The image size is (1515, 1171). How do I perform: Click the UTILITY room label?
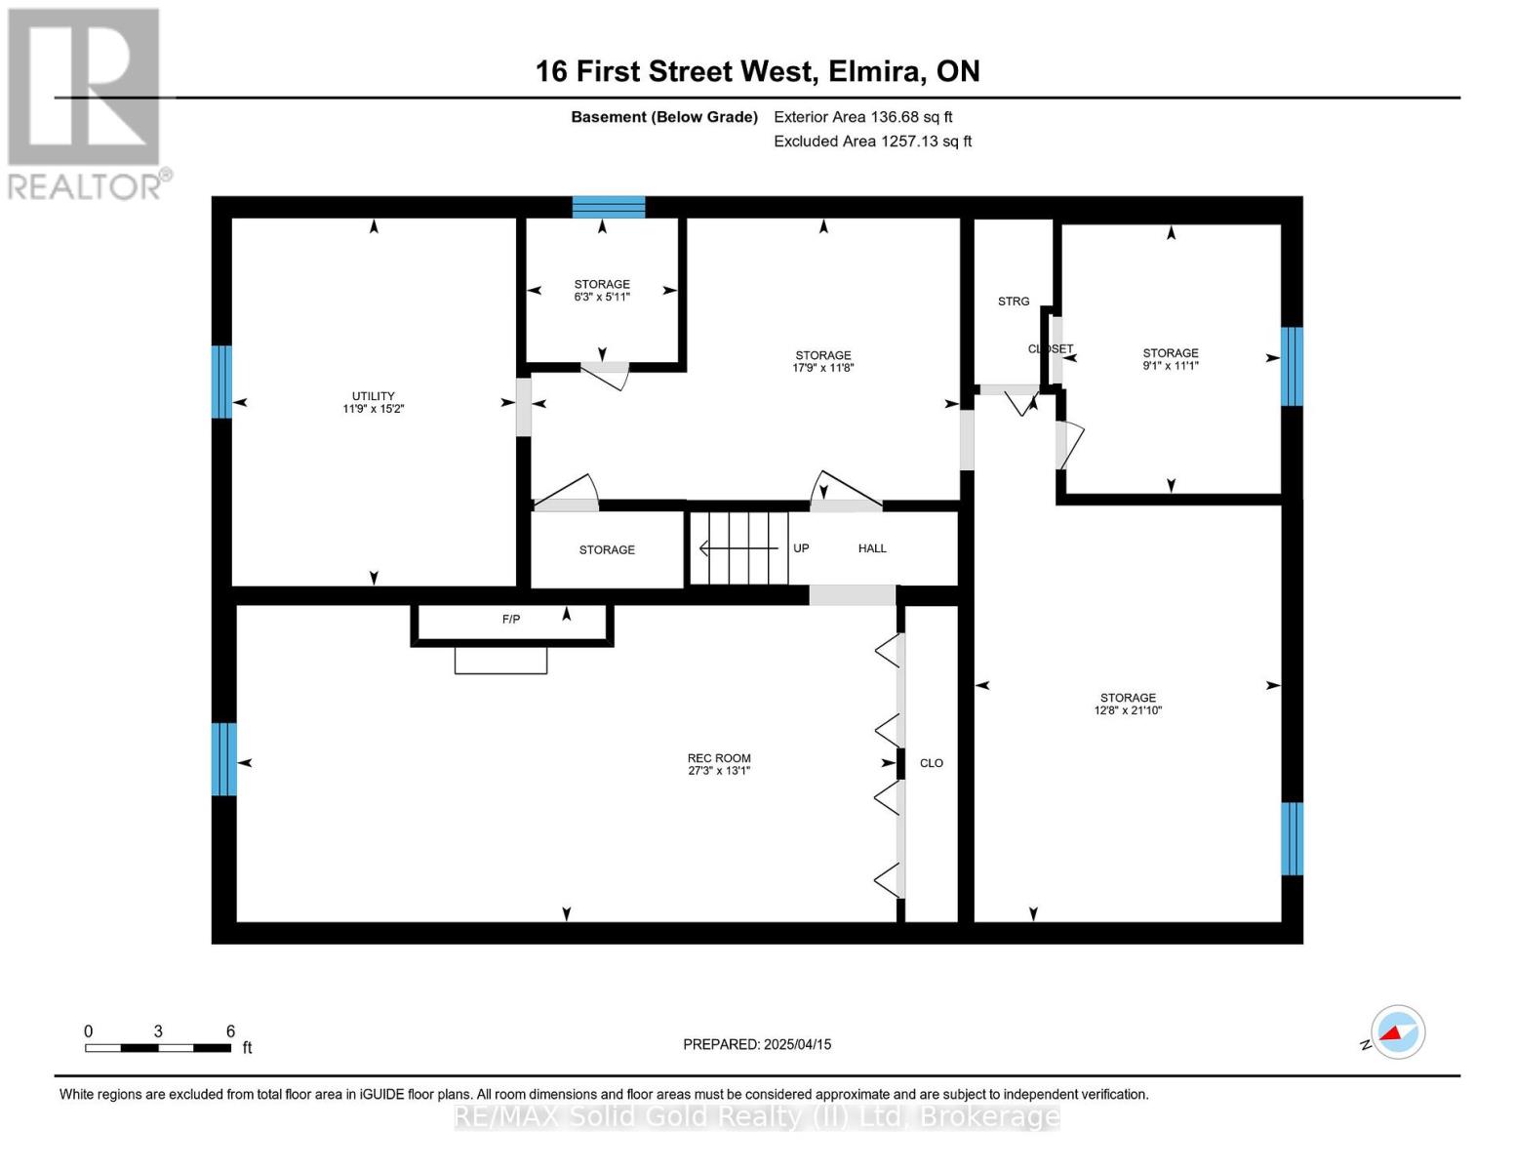pyautogui.click(x=373, y=395)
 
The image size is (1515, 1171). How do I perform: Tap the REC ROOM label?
pyautogui.click(x=719, y=758)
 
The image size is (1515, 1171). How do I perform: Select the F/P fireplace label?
pyautogui.click(x=511, y=619)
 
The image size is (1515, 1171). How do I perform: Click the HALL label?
pyautogui.click(x=872, y=548)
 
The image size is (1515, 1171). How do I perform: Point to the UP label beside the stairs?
pyautogui.click(x=801, y=548)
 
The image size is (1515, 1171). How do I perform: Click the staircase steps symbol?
pyautogui.click(x=739, y=548)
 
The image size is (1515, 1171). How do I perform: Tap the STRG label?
pyautogui.click(x=1013, y=302)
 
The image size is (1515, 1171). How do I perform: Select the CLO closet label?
pyautogui.click(x=932, y=763)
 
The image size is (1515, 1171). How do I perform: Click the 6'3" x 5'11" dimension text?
pyautogui.click(x=602, y=297)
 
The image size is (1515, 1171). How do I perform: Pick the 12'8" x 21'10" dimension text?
pyautogui.click(x=1128, y=710)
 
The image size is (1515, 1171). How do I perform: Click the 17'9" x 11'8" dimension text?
pyautogui.click(x=822, y=368)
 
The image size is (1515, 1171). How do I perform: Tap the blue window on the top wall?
pyautogui.click(x=609, y=207)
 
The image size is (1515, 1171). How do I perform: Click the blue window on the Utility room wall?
pyautogui.click(x=221, y=382)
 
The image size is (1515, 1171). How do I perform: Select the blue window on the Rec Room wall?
pyautogui.click(x=223, y=759)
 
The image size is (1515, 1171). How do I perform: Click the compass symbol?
pyautogui.click(x=1397, y=1032)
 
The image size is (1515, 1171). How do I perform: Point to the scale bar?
pyautogui.click(x=158, y=1047)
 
